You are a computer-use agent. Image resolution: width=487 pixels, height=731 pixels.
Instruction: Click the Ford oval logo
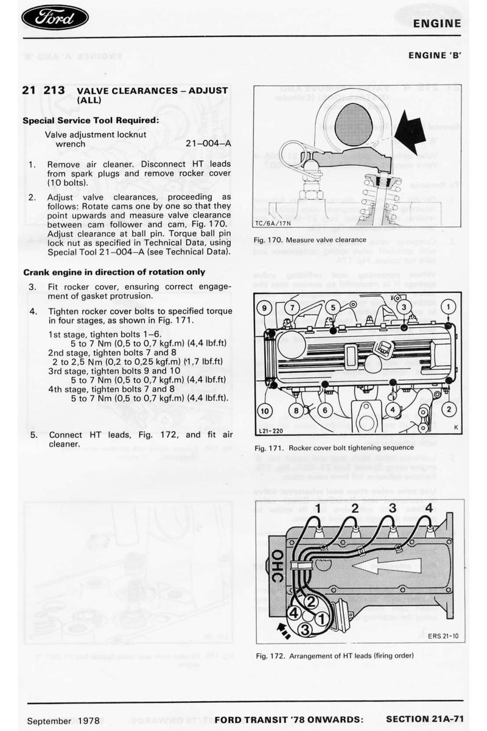click(55, 18)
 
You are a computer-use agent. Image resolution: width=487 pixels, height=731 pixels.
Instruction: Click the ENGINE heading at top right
click(436, 24)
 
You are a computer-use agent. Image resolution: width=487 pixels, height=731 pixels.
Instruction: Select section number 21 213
click(44, 90)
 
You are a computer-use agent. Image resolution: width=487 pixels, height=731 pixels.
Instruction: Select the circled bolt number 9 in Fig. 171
click(264, 306)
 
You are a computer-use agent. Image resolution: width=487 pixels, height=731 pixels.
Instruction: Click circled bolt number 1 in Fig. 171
click(448, 306)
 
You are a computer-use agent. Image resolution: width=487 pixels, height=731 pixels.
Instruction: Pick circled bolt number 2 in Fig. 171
click(449, 409)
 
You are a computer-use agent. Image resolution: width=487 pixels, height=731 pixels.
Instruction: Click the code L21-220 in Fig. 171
click(270, 431)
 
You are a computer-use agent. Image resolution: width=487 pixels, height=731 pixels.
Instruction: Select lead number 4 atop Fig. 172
click(429, 507)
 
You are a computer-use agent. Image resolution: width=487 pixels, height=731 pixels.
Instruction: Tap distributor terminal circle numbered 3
click(306, 628)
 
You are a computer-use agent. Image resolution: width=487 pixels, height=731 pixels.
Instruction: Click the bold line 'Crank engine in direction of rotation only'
click(114, 272)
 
